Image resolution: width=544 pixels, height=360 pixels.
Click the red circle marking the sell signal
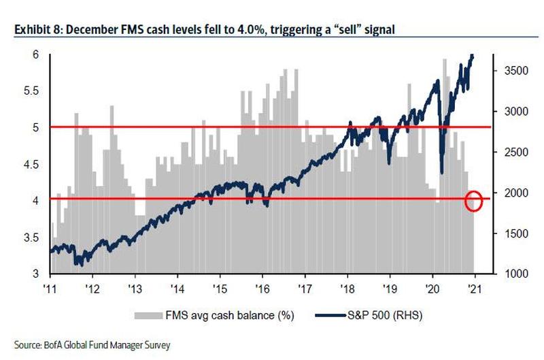coord(474,201)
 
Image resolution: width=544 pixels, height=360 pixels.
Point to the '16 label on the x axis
coord(262,286)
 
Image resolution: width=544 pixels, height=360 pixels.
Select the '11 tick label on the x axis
coord(50,286)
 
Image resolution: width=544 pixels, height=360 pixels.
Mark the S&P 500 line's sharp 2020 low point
coord(442,174)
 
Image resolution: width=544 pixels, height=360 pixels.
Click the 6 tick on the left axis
coord(36,54)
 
